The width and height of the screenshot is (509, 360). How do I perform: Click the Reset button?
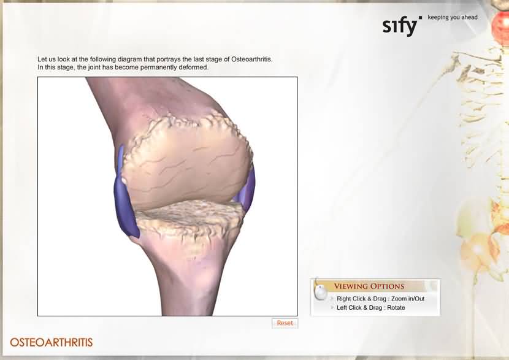[285, 323]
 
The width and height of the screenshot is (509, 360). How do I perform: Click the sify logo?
[402, 25]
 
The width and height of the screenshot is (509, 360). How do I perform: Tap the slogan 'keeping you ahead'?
[453, 17]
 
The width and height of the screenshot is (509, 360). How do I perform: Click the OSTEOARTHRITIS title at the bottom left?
[52, 342]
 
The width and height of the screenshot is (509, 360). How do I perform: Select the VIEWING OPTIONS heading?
[369, 286]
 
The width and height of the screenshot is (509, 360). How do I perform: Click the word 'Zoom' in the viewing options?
[399, 299]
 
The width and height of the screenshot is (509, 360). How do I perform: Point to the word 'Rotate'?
[396, 308]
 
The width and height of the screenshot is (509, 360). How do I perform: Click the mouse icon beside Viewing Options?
[321, 293]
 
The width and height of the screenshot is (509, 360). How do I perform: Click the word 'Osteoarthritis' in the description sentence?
[251, 59]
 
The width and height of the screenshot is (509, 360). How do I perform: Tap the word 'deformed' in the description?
[193, 67]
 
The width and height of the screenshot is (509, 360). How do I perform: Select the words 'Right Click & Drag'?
[361, 299]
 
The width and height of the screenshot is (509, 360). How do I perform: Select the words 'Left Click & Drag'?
[359, 308]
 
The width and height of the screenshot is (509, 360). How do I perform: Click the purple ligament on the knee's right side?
[247, 188]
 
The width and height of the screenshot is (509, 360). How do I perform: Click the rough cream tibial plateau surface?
[190, 216]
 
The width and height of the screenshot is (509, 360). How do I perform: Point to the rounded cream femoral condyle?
[186, 163]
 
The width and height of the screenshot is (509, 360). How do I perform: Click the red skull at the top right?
[500, 25]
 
